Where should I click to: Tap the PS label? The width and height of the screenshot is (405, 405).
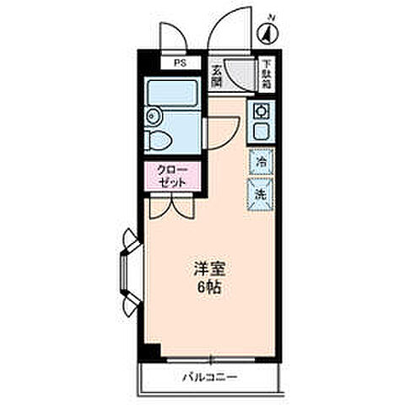(x=179, y=62)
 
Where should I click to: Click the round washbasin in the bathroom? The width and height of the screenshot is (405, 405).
(x=153, y=116)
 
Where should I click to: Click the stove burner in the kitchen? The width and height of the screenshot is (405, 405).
(x=260, y=110)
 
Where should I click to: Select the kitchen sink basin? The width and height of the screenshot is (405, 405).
(x=260, y=131)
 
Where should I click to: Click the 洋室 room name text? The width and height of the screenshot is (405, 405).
(x=208, y=271)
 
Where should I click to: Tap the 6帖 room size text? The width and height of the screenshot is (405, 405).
(x=208, y=288)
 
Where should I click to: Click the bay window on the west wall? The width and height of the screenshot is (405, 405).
(x=127, y=270)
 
